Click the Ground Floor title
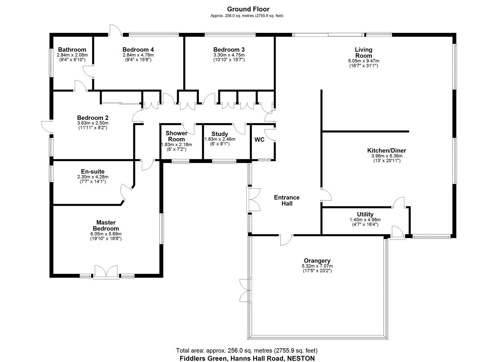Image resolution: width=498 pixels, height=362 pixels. [x=248, y=9]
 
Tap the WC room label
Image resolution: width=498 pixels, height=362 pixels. [x=259, y=140]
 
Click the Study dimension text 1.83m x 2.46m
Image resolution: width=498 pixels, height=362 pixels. [x=220, y=139]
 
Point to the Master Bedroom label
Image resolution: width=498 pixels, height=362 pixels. [x=106, y=225]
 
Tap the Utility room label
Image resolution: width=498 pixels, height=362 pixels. [x=365, y=215]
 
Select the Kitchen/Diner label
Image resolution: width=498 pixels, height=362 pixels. [x=386, y=151]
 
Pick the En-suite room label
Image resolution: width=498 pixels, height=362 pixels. [x=93, y=172]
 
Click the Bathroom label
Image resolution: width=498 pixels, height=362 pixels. [x=72, y=50]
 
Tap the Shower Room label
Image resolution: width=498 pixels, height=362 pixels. [x=176, y=136]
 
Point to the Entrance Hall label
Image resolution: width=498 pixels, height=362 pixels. [x=286, y=200]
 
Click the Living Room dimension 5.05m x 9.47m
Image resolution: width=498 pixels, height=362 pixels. [x=364, y=61]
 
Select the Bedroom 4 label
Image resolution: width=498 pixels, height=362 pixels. [x=138, y=50]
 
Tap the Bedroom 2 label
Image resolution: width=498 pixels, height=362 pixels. [x=93, y=118]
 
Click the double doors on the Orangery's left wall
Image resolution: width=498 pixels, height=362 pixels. [x=245, y=291]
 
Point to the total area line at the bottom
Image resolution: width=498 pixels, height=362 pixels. [x=246, y=351]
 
